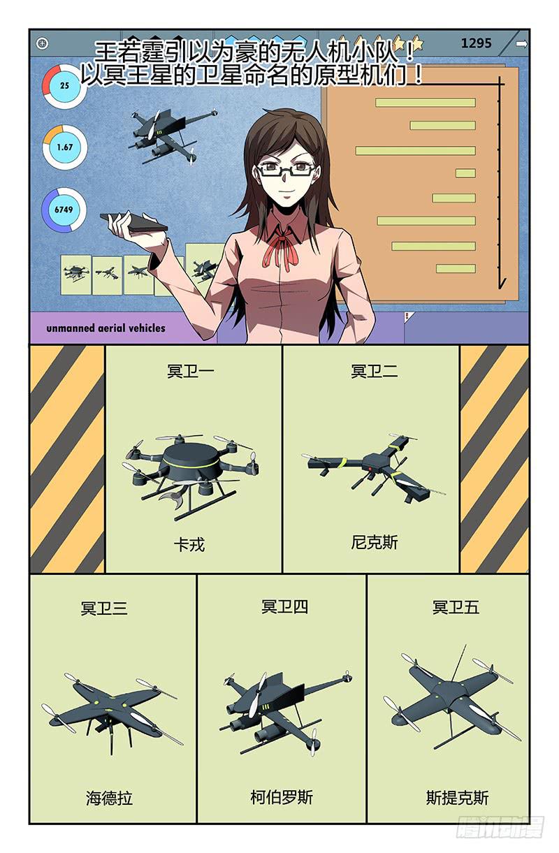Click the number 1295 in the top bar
pos(476,43)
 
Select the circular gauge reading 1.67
pos(65,147)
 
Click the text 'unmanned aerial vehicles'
pos(106,328)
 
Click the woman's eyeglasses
pos(286,170)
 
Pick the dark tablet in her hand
pos(133,222)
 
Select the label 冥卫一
pos(190,371)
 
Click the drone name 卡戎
pos(189,545)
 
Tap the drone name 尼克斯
pos(375,543)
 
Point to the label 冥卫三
pos(104,608)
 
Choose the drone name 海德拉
pos(109,798)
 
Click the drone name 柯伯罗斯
pos(282,797)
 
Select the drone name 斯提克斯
pos(457,797)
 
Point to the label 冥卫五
pos(456,607)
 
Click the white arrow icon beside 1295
pos(522,44)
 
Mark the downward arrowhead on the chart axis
pos(502,284)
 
